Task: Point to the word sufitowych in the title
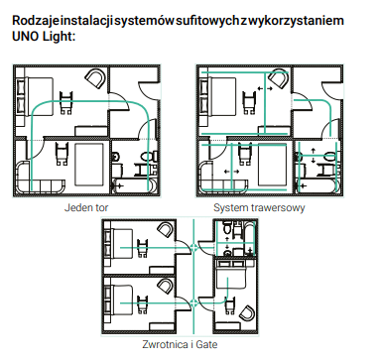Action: (207, 21)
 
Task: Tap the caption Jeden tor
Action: (86, 208)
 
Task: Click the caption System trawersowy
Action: (259, 208)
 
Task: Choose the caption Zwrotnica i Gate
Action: (180, 344)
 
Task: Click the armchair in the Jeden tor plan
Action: (95, 78)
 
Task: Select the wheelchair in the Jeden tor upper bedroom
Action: (66, 102)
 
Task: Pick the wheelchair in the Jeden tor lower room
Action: (62, 153)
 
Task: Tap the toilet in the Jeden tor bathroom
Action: (148, 156)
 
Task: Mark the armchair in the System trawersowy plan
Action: (279, 78)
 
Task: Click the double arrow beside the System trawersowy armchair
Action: (265, 88)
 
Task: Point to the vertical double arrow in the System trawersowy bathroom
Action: (314, 156)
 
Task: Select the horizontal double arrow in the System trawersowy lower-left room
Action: (231, 172)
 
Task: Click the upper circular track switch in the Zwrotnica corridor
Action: (193, 247)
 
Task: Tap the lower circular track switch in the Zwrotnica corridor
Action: (193, 302)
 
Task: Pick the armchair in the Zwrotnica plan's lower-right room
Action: (247, 313)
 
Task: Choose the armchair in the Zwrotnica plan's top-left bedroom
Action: (165, 230)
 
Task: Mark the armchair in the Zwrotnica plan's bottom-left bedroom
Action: (165, 285)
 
